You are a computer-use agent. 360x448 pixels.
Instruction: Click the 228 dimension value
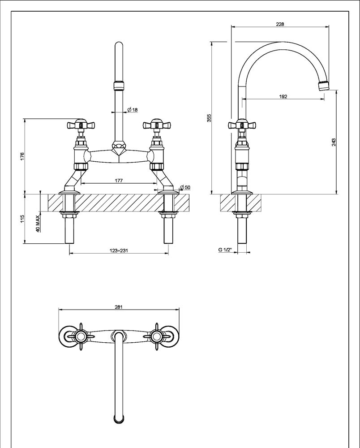click(x=280, y=24)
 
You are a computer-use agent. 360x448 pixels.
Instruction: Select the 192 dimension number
click(x=283, y=96)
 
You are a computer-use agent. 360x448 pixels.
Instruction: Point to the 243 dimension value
click(x=334, y=142)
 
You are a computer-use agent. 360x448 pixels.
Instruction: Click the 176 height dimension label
click(x=22, y=156)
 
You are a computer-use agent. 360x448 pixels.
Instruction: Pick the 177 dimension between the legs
click(x=119, y=181)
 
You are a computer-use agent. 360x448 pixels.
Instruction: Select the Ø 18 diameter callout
click(x=132, y=110)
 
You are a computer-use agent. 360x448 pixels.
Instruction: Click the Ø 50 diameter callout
click(x=184, y=187)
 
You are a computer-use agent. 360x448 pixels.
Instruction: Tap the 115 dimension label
click(x=22, y=219)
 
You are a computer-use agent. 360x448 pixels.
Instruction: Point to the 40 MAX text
click(x=38, y=223)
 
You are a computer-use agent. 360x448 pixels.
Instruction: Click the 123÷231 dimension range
click(x=119, y=251)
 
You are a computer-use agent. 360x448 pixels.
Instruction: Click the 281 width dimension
click(x=119, y=307)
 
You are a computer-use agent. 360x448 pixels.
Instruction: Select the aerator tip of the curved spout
click(x=323, y=85)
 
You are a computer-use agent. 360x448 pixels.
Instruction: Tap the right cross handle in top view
click(x=156, y=336)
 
